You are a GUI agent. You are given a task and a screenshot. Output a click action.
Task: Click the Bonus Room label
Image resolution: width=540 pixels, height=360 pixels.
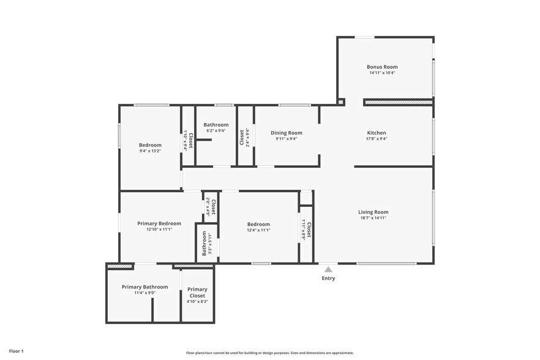tap(382, 67)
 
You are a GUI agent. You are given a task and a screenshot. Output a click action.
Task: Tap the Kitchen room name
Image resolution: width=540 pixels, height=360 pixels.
tap(377, 133)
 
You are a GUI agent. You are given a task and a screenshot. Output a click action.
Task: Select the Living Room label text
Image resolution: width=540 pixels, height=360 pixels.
tap(373, 212)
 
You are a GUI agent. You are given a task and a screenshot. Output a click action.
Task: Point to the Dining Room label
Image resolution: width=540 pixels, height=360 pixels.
tap(287, 133)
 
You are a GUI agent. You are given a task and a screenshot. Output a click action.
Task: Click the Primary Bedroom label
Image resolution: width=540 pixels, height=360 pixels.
tap(159, 223)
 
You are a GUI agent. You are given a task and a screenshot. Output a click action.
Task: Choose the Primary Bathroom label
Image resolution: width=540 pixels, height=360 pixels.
tap(144, 287)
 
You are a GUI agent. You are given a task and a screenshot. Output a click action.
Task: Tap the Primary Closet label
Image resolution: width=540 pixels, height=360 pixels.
tap(197, 292)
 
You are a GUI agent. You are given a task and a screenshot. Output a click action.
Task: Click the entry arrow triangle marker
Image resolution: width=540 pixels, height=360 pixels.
tap(328, 269)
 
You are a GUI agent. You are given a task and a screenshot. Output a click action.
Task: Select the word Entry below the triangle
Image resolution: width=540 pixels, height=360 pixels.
tap(328, 278)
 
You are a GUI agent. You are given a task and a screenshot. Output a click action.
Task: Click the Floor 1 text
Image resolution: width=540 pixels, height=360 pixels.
tap(17, 351)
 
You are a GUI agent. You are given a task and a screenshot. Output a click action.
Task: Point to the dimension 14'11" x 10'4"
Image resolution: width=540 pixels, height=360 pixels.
tap(382, 73)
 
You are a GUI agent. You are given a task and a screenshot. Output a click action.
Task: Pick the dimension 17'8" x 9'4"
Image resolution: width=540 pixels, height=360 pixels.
tap(377, 139)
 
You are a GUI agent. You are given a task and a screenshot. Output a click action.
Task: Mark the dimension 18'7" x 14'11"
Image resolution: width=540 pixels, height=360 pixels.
tap(373, 218)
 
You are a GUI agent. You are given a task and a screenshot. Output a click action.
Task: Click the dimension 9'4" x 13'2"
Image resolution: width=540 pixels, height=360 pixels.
tap(150, 151)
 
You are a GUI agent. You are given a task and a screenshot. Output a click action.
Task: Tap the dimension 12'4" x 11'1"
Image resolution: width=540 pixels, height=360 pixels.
tap(258, 230)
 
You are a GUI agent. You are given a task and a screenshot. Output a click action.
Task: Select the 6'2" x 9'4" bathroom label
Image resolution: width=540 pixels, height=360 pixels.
tap(216, 130)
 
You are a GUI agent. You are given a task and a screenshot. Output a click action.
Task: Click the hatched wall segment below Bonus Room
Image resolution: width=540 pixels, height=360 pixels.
tap(398, 102)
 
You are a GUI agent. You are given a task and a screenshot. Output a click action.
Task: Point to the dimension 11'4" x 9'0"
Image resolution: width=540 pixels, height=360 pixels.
tap(144, 293)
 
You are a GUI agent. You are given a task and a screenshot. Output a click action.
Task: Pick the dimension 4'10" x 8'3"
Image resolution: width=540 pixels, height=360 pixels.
tap(197, 301)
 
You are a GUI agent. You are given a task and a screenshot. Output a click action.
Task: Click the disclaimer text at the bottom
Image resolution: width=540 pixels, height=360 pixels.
tap(270, 353)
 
